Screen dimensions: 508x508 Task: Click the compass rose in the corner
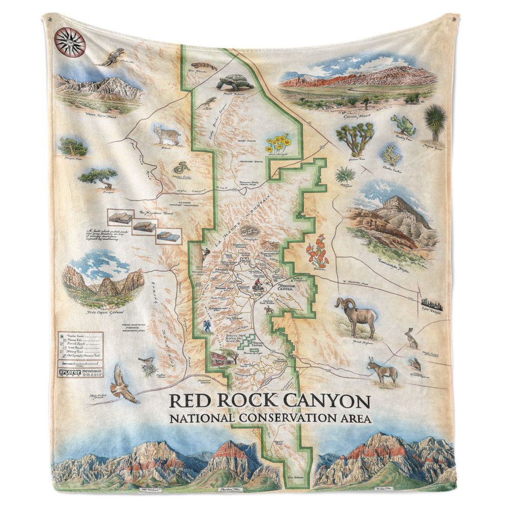(x=70, y=42)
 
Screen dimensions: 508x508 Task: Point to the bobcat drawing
(x=168, y=134)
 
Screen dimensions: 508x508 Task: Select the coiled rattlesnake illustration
(x=180, y=167)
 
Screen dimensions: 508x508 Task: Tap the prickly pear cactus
(x=403, y=125)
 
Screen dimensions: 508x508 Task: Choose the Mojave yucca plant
(x=435, y=120)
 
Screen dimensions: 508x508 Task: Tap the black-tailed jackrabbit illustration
(x=410, y=338)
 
